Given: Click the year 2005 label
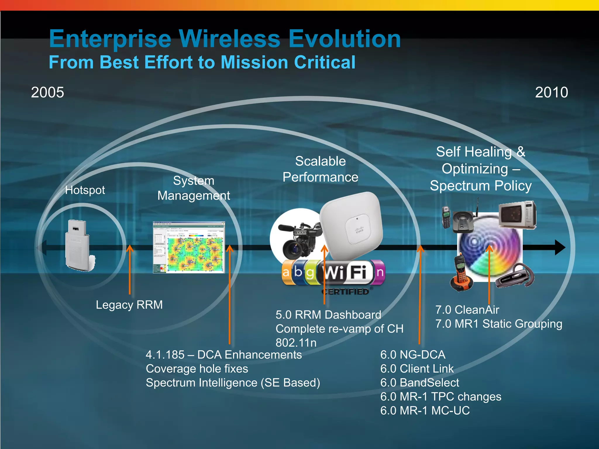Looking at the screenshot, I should pyautogui.click(x=47, y=92).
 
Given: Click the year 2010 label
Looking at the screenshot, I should pyautogui.click(x=551, y=92).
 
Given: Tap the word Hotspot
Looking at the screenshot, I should pyautogui.click(x=85, y=190).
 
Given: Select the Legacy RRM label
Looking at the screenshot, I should pyautogui.click(x=129, y=305).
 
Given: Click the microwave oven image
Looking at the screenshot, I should pyautogui.click(x=517, y=215).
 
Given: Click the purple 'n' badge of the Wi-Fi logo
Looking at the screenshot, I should pyautogui.click(x=379, y=272).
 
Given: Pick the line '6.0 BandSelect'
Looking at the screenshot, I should pyautogui.click(x=419, y=383).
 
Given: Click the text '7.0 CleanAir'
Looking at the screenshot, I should pyautogui.click(x=467, y=310).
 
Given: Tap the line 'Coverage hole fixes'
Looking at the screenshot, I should pyautogui.click(x=197, y=369).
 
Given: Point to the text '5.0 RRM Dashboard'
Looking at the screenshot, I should pyautogui.click(x=328, y=315).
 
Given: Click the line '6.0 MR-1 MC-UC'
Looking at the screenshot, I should pyautogui.click(x=425, y=410).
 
